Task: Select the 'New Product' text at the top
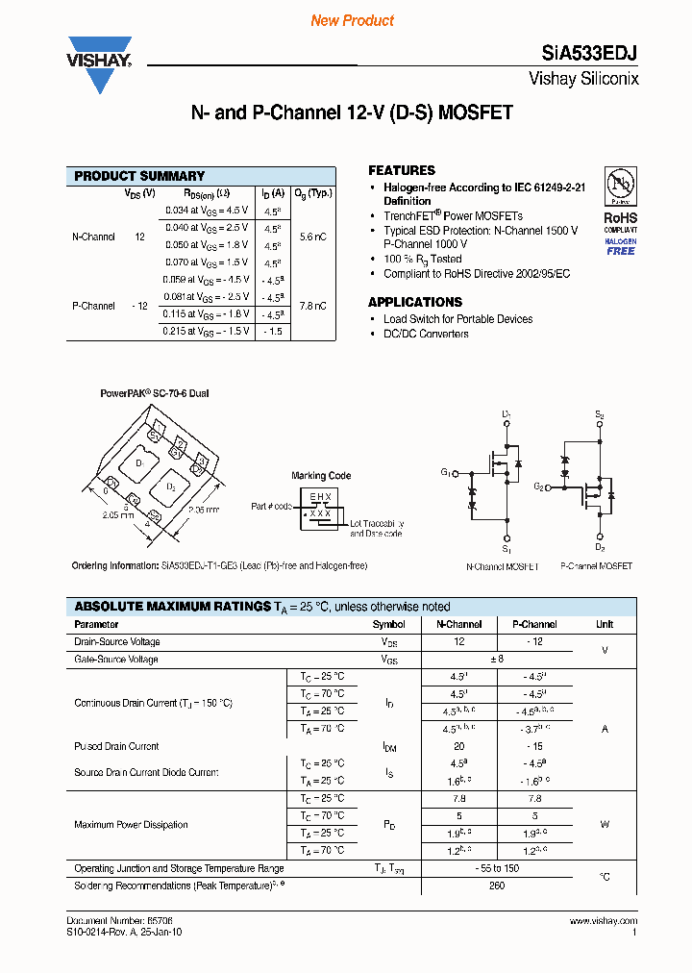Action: [352, 20]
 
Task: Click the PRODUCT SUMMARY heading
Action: [139, 176]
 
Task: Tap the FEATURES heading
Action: [401, 170]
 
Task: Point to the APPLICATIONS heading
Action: [414, 302]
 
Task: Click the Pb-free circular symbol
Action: [620, 186]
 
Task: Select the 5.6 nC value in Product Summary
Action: [312, 237]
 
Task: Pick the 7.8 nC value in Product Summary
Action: [312, 306]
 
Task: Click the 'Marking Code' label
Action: [321, 476]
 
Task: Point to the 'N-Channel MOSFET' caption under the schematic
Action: [501, 566]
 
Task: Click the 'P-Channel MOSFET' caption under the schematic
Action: [596, 566]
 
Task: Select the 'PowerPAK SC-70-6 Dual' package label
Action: [155, 394]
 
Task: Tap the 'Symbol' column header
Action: [389, 624]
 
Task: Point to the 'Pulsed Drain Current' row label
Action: [116, 746]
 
